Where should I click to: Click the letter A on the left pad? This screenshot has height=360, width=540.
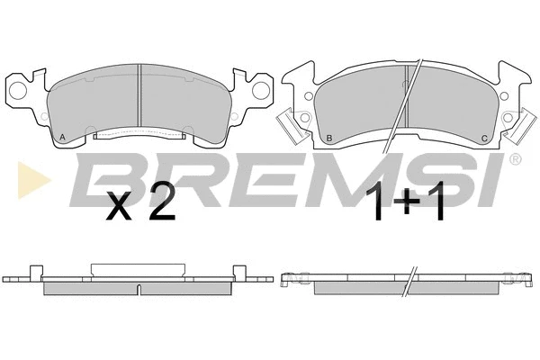[62, 138]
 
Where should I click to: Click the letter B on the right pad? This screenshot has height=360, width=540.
[329, 139]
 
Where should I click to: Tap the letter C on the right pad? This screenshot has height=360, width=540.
[484, 139]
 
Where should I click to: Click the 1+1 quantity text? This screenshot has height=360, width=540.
[405, 202]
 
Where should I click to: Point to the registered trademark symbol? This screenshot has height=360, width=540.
[515, 159]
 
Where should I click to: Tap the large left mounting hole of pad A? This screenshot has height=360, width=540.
[18, 91]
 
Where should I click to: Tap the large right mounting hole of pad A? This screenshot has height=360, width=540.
[261, 90]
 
